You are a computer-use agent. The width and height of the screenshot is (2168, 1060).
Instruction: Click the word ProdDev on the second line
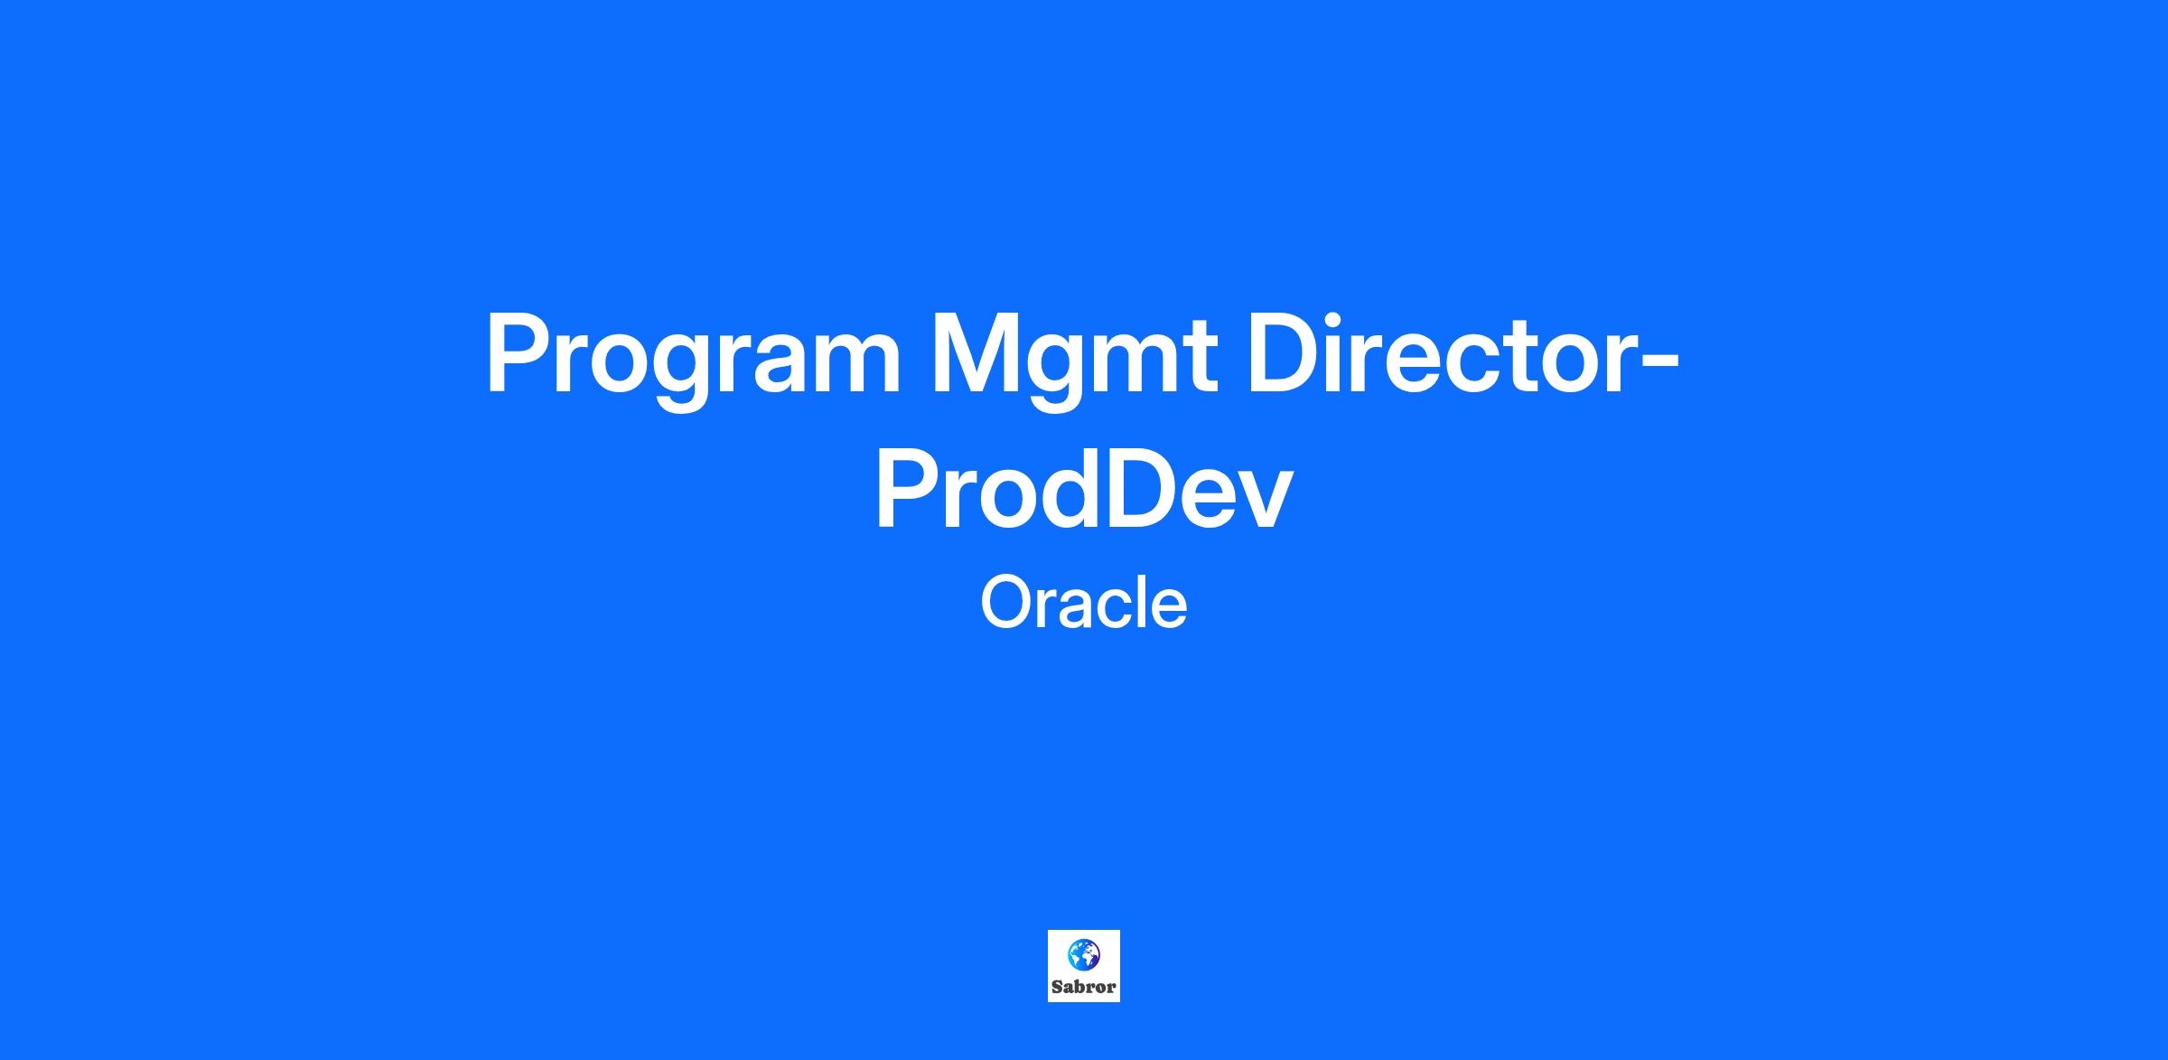(1083, 491)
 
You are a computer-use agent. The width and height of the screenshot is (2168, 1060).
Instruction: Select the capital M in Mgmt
(975, 353)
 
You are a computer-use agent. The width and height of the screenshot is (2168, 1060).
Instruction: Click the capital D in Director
(1285, 353)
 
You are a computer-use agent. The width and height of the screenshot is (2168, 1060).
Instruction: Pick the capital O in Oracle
(1008, 603)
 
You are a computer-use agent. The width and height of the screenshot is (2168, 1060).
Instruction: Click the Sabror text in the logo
(1084, 987)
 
